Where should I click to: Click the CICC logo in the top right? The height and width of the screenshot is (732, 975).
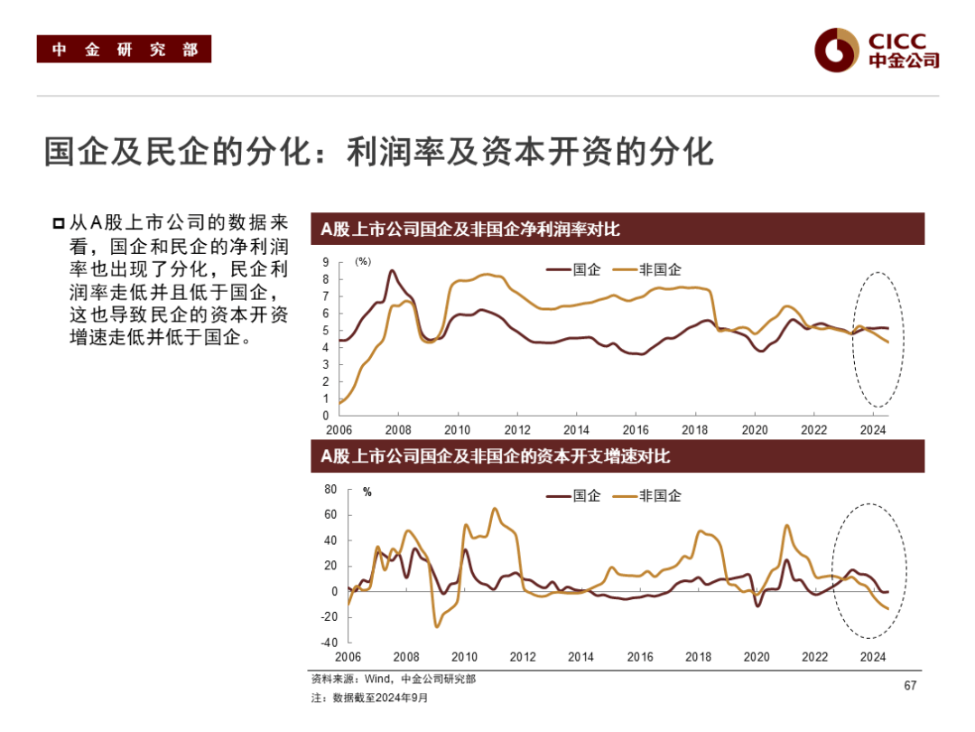click(x=876, y=49)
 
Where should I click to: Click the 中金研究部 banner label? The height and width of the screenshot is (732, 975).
click(x=124, y=50)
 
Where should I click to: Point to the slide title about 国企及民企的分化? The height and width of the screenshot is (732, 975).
click(x=379, y=152)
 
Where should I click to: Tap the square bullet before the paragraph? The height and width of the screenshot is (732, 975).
click(x=59, y=222)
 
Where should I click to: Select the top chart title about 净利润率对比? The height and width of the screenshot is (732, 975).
click(x=470, y=230)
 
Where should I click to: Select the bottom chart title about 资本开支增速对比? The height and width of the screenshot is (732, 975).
click(x=496, y=456)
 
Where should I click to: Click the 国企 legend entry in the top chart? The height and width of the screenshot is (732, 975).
click(x=574, y=269)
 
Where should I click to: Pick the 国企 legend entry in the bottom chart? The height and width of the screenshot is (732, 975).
click(x=574, y=495)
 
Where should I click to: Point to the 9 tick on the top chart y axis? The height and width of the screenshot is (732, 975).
click(x=327, y=262)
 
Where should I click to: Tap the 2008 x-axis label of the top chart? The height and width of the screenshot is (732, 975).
click(x=398, y=429)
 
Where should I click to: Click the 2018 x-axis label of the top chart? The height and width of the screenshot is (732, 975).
click(x=695, y=429)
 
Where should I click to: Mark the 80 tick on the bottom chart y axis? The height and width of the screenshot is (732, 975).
click(x=330, y=489)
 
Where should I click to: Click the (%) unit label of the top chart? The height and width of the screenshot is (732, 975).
click(x=363, y=261)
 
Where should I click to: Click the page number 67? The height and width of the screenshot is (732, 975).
click(x=910, y=686)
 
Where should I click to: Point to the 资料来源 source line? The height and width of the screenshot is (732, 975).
click(x=393, y=679)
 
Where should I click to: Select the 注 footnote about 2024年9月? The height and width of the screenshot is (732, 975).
click(x=370, y=698)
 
